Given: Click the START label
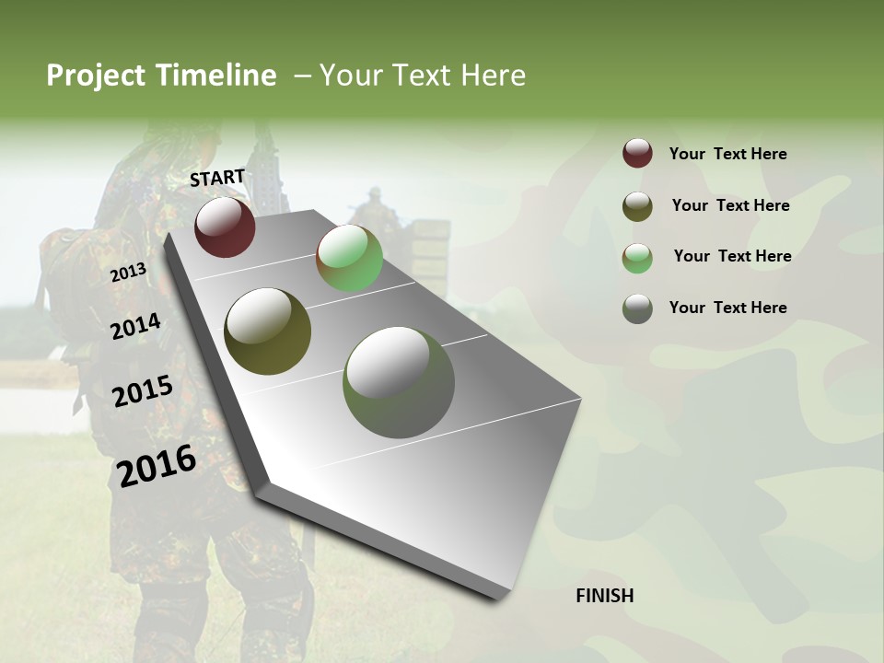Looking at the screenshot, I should click(217, 178).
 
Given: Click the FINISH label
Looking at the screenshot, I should click(605, 596).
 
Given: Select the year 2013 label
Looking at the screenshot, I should click(128, 273).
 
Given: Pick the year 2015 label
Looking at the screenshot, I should click(143, 391).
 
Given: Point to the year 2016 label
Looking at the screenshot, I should click(157, 465).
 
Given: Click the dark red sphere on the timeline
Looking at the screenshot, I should click(225, 227).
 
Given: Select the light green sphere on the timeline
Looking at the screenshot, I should click(349, 258).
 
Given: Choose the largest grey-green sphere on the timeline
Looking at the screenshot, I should click(399, 382).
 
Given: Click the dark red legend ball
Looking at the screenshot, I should click(637, 153).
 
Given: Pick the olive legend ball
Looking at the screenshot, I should click(637, 206).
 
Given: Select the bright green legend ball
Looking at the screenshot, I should click(637, 258).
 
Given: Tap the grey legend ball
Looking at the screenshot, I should click(637, 308).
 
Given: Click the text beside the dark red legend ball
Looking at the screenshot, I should click(727, 154).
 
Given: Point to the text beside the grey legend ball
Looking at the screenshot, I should click(727, 308).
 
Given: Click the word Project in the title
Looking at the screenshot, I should click(96, 76).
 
